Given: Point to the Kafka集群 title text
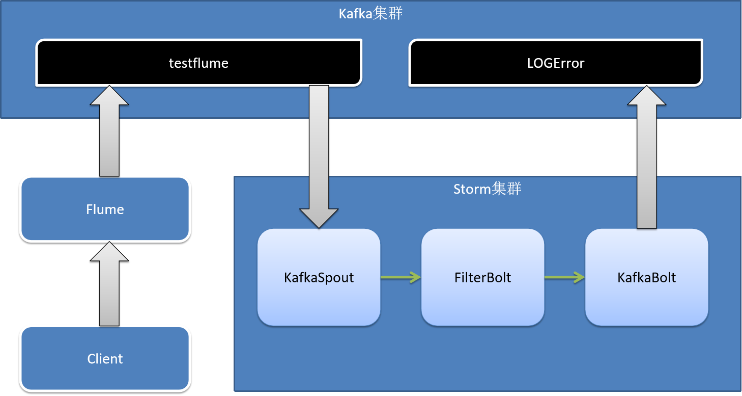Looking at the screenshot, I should [x=370, y=14].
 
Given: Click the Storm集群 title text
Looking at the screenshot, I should [x=487, y=189].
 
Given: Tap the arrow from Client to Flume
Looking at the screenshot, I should [x=109, y=285].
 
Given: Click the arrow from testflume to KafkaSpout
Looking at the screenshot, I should [x=319, y=153].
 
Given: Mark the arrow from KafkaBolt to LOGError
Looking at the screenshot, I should [x=647, y=158].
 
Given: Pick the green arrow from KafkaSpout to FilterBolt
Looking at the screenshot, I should [x=401, y=277].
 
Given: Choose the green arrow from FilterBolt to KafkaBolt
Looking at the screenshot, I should [x=564, y=277].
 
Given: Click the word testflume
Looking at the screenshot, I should [x=198, y=63].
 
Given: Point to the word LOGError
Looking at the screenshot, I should [x=556, y=63].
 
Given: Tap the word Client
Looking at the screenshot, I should [x=105, y=359].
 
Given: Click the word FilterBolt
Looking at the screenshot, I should [x=482, y=278].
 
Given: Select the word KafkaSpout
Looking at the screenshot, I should [x=319, y=278].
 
